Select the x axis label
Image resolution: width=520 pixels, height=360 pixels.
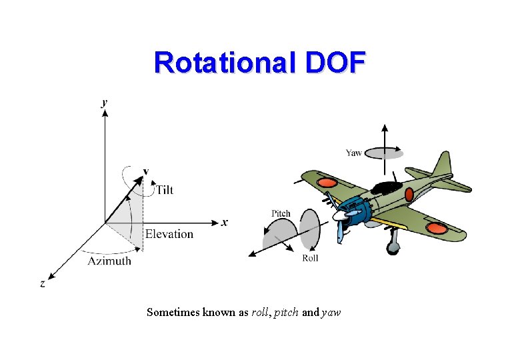tap(225, 222)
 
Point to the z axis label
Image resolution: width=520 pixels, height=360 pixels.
tap(43, 283)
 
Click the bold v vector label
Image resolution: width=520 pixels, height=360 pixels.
tap(145, 171)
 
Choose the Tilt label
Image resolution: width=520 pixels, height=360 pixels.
tap(164, 190)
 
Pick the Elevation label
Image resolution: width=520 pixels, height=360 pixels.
tap(169, 234)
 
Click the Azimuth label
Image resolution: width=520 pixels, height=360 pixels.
tap(110, 261)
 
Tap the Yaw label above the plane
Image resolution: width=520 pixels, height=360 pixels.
tap(354, 153)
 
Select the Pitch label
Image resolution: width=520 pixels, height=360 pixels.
tap(281, 213)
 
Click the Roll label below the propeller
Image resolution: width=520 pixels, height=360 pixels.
tap(310, 258)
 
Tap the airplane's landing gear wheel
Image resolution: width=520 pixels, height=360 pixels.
tap(393, 248)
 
